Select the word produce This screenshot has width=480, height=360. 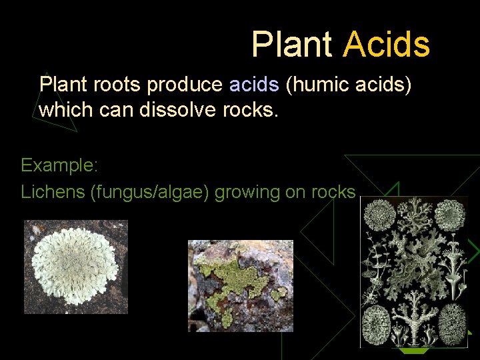tap(186, 85)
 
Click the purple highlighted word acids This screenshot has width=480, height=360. tap(254, 85)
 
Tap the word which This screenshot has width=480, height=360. tap(62, 109)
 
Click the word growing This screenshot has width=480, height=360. tap(247, 193)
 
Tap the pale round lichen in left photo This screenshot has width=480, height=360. tap(72, 266)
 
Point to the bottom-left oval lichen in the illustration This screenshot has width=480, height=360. tap(378, 323)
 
